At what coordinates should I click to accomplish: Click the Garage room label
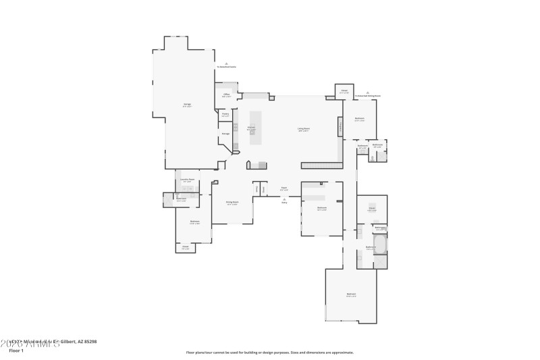(187, 105)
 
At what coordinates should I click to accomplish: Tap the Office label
(227, 96)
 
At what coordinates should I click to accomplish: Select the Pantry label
(225, 115)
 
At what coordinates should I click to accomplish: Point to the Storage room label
(225, 134)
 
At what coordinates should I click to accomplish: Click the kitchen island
(255, 128)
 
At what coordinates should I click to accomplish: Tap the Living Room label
(304, 129)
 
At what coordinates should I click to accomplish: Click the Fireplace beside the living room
(340, 126)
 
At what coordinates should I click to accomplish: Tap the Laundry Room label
(187, 181)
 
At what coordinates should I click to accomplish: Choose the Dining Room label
(232, 203)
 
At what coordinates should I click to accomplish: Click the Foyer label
(284, 190)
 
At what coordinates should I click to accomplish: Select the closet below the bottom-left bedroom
(185, 248)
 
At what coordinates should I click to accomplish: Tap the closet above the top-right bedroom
(344, 91)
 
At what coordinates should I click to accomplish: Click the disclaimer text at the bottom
(269, 352)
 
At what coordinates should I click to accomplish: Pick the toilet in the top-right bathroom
(372, 158)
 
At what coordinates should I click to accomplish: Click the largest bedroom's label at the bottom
(351, 295)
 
